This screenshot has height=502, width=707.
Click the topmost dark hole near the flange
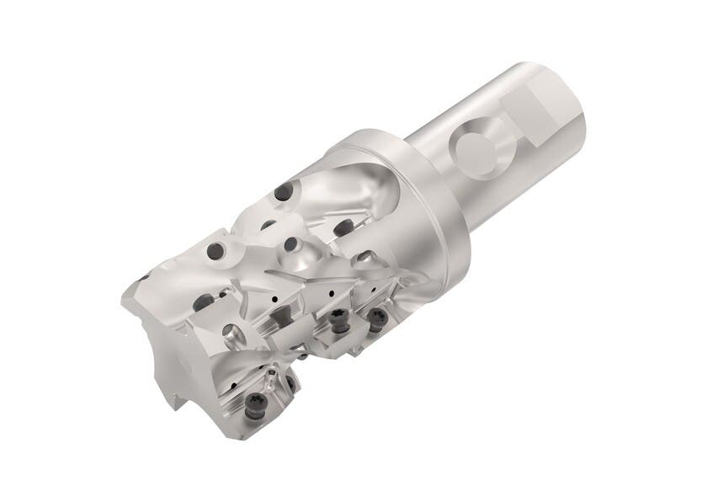coord(284,192)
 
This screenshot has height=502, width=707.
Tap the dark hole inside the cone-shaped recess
coord(290,244)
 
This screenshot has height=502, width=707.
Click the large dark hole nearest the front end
coord(216,250)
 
